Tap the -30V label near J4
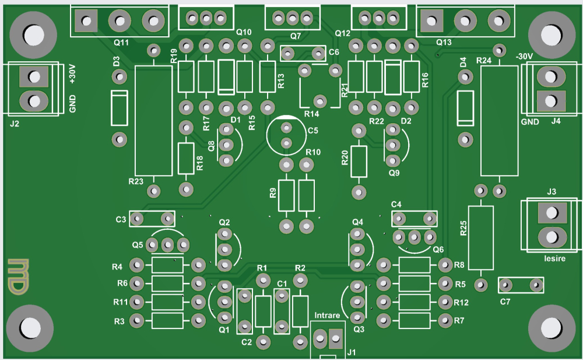(524, 56)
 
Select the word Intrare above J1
(327, 316)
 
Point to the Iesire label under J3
(553, 258)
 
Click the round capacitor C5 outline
(286, 135)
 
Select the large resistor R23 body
(153, 120)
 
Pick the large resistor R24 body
(499, 120)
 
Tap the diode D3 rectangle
(120, 108)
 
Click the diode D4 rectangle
(465, 108)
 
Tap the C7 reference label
(505, 302)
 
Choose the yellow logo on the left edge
(18, 275)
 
